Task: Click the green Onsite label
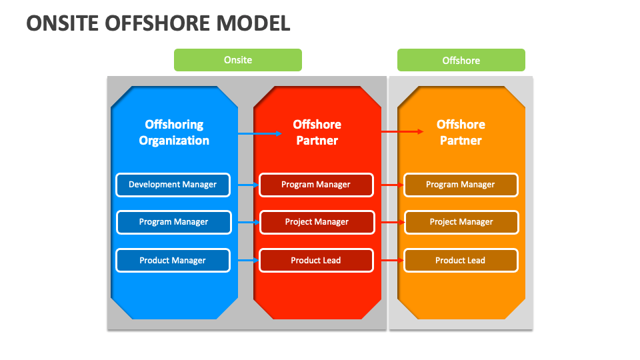click(x=237, y=60)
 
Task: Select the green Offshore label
click(x=461, y=60)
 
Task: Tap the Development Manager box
click(x=173, y=185)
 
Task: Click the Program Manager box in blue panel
click(x=173, y=222)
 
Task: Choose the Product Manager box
click(x=173, y=260)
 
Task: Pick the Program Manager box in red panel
click(x=316, y=185)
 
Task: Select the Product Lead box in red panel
click(x=316, y=260)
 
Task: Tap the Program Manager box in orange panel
click(x=461, y=185)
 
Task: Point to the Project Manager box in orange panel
click(x=461, y=222)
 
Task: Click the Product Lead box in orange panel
click(x=461, y=260)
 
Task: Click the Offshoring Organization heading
click(x=174, y=132)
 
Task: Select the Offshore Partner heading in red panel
click(x=317, y=132)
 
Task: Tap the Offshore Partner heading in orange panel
click(x=461, y=132)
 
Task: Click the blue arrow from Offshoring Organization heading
click(x=260, y=134)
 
